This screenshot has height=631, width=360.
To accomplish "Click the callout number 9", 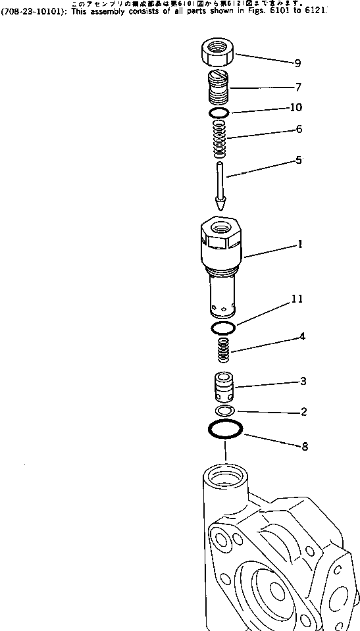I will pos(297,64).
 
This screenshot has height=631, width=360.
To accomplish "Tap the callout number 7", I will pos(297,87).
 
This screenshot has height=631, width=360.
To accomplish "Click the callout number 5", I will pos(298,160).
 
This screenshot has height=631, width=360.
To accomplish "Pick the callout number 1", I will pos(299,245).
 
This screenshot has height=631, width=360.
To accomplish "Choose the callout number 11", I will pos(297,299).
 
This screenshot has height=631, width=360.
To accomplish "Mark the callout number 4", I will pos(302,337).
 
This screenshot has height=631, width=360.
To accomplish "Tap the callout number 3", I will pos(303,381).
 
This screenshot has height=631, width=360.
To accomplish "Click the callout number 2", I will pos(303,413).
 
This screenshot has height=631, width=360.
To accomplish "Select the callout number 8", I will pos(305,447).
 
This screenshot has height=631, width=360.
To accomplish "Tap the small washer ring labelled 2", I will pos(226,411).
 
